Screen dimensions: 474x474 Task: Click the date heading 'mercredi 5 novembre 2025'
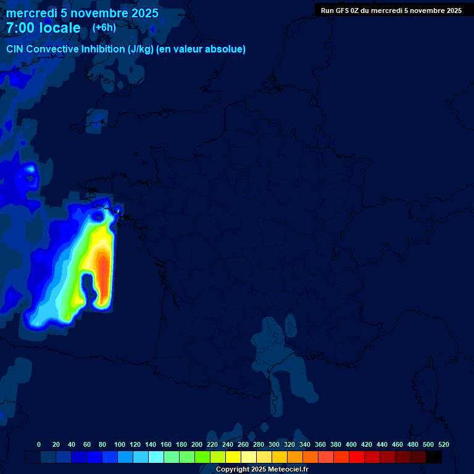coord(82,13)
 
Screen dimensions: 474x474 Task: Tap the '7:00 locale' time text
coord(44,28)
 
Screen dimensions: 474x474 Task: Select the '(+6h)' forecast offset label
coord(104,28)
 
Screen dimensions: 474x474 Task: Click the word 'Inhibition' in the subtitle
coord(102,49)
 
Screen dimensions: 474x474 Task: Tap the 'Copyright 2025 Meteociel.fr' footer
coord(262,469)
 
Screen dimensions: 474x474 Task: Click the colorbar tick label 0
coord(39,444)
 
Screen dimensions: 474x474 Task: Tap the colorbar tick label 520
coord(443,444)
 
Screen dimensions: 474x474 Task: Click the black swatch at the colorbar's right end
coord(434,457)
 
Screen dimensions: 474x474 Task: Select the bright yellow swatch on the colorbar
coord(233,457)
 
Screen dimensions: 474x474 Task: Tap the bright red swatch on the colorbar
coord(357,457)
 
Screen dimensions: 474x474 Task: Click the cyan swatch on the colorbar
coord(156,457)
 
